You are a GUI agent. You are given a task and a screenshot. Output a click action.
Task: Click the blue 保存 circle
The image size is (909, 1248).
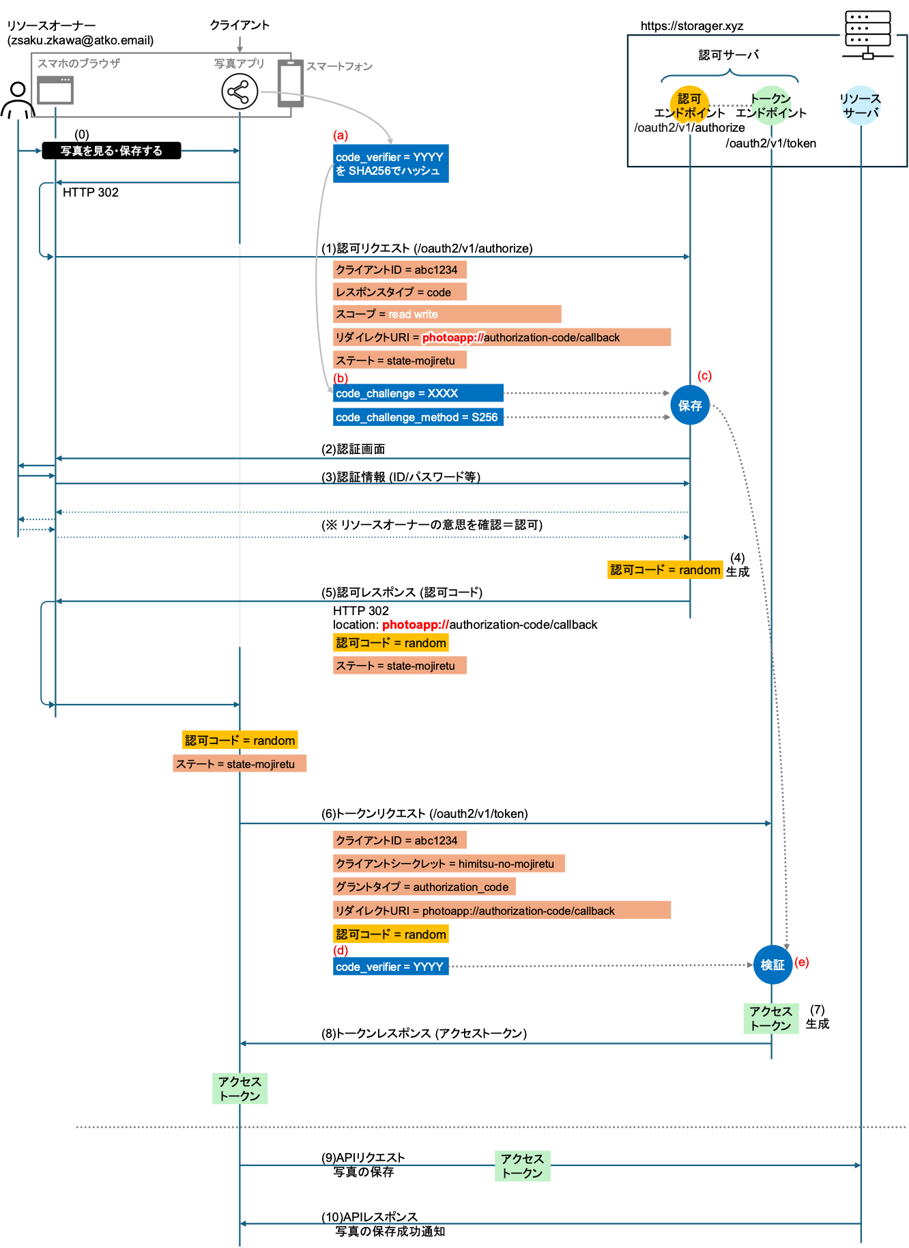690,406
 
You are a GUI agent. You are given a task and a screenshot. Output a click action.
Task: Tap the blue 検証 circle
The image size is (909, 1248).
773,965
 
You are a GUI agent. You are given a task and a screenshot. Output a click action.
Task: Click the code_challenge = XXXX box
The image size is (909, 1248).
418,393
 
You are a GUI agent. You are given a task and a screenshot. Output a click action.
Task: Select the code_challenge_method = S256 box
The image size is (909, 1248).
418,417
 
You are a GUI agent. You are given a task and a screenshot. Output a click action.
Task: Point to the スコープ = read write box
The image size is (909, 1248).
447,314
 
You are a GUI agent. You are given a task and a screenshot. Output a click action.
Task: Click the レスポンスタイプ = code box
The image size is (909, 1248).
399,292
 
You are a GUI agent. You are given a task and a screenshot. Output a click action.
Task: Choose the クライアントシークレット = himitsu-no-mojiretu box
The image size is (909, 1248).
448,864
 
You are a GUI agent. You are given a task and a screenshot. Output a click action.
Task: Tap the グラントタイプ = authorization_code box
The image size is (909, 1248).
424,887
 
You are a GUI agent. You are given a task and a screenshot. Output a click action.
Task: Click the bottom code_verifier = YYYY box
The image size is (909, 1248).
390,967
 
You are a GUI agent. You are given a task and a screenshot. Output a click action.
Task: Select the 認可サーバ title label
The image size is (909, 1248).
728,55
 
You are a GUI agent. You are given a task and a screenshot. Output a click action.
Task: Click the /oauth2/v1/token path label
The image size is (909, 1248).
771,143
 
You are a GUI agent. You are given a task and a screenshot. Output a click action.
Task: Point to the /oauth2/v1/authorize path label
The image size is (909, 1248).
689,128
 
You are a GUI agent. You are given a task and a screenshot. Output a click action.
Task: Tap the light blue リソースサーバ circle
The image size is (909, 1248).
861,106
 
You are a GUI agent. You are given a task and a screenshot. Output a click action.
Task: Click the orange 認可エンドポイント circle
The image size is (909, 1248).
689,105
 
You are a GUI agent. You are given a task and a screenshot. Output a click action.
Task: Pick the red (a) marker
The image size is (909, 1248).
341,135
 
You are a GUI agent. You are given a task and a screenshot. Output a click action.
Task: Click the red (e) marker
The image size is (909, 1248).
802,962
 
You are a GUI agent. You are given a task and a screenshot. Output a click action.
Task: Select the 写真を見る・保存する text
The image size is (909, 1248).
111,151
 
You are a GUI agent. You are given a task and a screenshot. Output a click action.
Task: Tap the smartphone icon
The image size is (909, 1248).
290,83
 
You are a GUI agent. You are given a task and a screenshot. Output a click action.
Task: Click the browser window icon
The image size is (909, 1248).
55,90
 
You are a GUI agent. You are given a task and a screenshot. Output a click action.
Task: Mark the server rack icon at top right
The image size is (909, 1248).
867,35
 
